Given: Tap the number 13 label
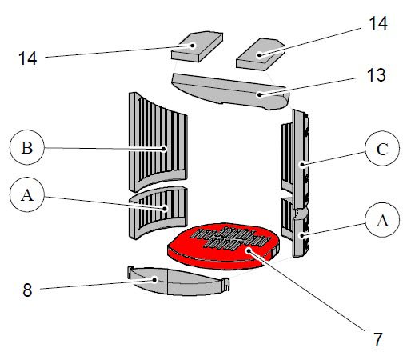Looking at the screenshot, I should [x=373, y=76].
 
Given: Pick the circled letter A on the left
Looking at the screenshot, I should [x=26, y=194].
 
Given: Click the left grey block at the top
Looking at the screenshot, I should [x=195, y=46].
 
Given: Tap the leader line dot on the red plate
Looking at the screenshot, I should [x=249, y=250].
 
